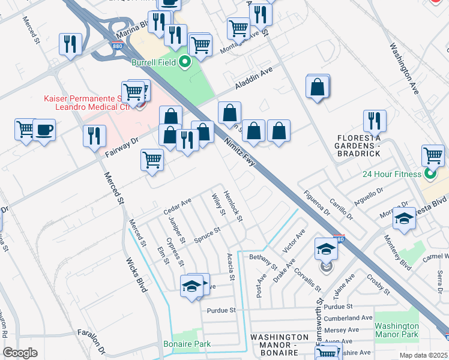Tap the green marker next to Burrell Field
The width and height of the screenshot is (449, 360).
[x=185, y=61]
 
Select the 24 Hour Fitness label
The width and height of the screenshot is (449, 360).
[x=393, y=175]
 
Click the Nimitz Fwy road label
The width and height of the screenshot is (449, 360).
[x=239, y=150]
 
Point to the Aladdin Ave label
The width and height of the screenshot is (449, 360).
[x=253, y=79]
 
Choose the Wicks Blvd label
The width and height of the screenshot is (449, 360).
[x=136, y=275]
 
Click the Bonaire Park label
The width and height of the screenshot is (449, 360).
[x=187, y=344]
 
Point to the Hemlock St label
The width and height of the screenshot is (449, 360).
[x=232, y=206]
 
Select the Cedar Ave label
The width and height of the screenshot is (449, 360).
[x=177, y=206]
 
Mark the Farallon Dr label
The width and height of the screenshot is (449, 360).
[x=91, y=340]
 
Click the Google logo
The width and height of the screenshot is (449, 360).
[x=20, y=353]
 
